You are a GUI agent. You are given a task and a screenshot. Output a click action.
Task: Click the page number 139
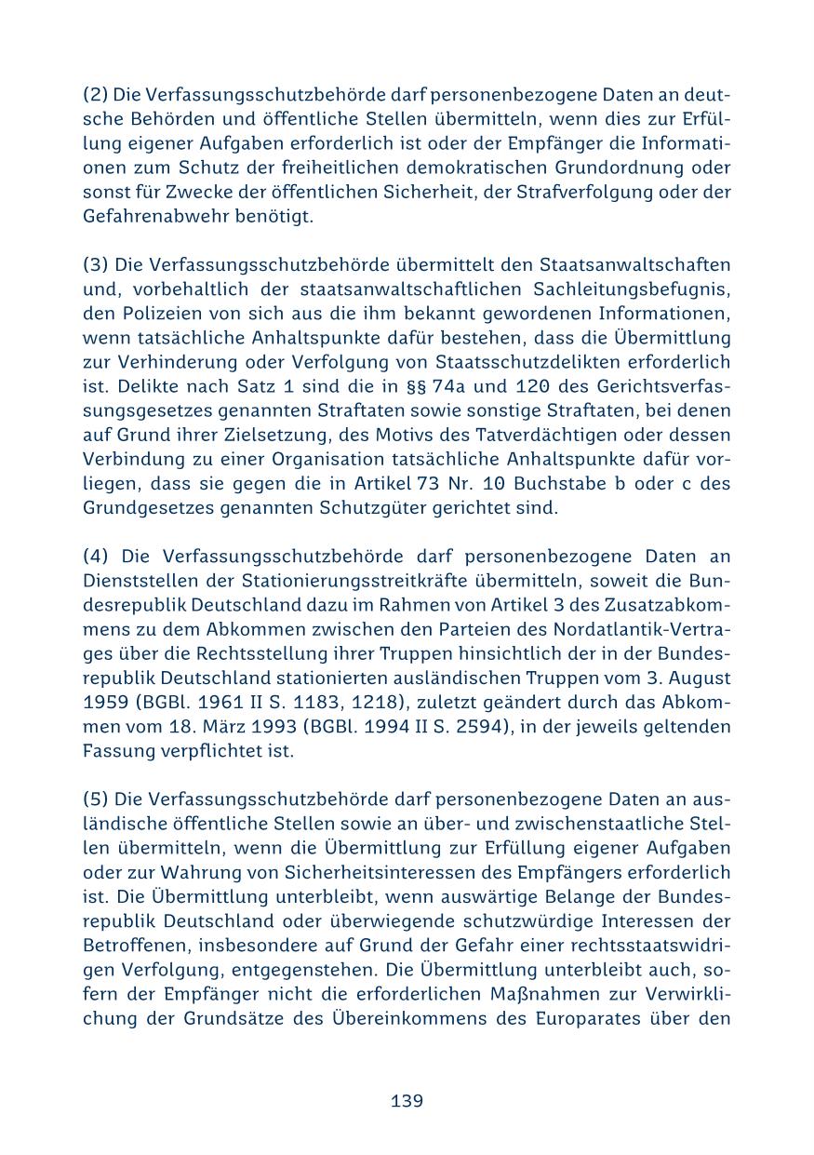pos(407,1101)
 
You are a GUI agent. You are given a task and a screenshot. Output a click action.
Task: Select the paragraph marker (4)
pos(96,556)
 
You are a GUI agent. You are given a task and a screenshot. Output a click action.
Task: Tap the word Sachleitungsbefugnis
pos(633,289)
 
